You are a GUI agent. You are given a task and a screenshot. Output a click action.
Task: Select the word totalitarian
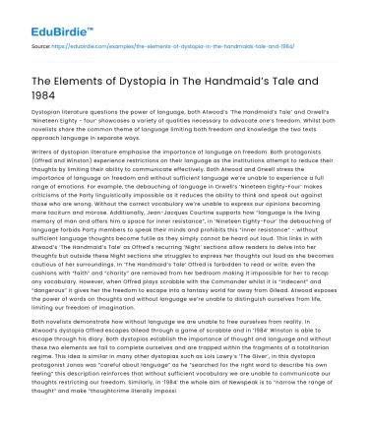tap(315, 351)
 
